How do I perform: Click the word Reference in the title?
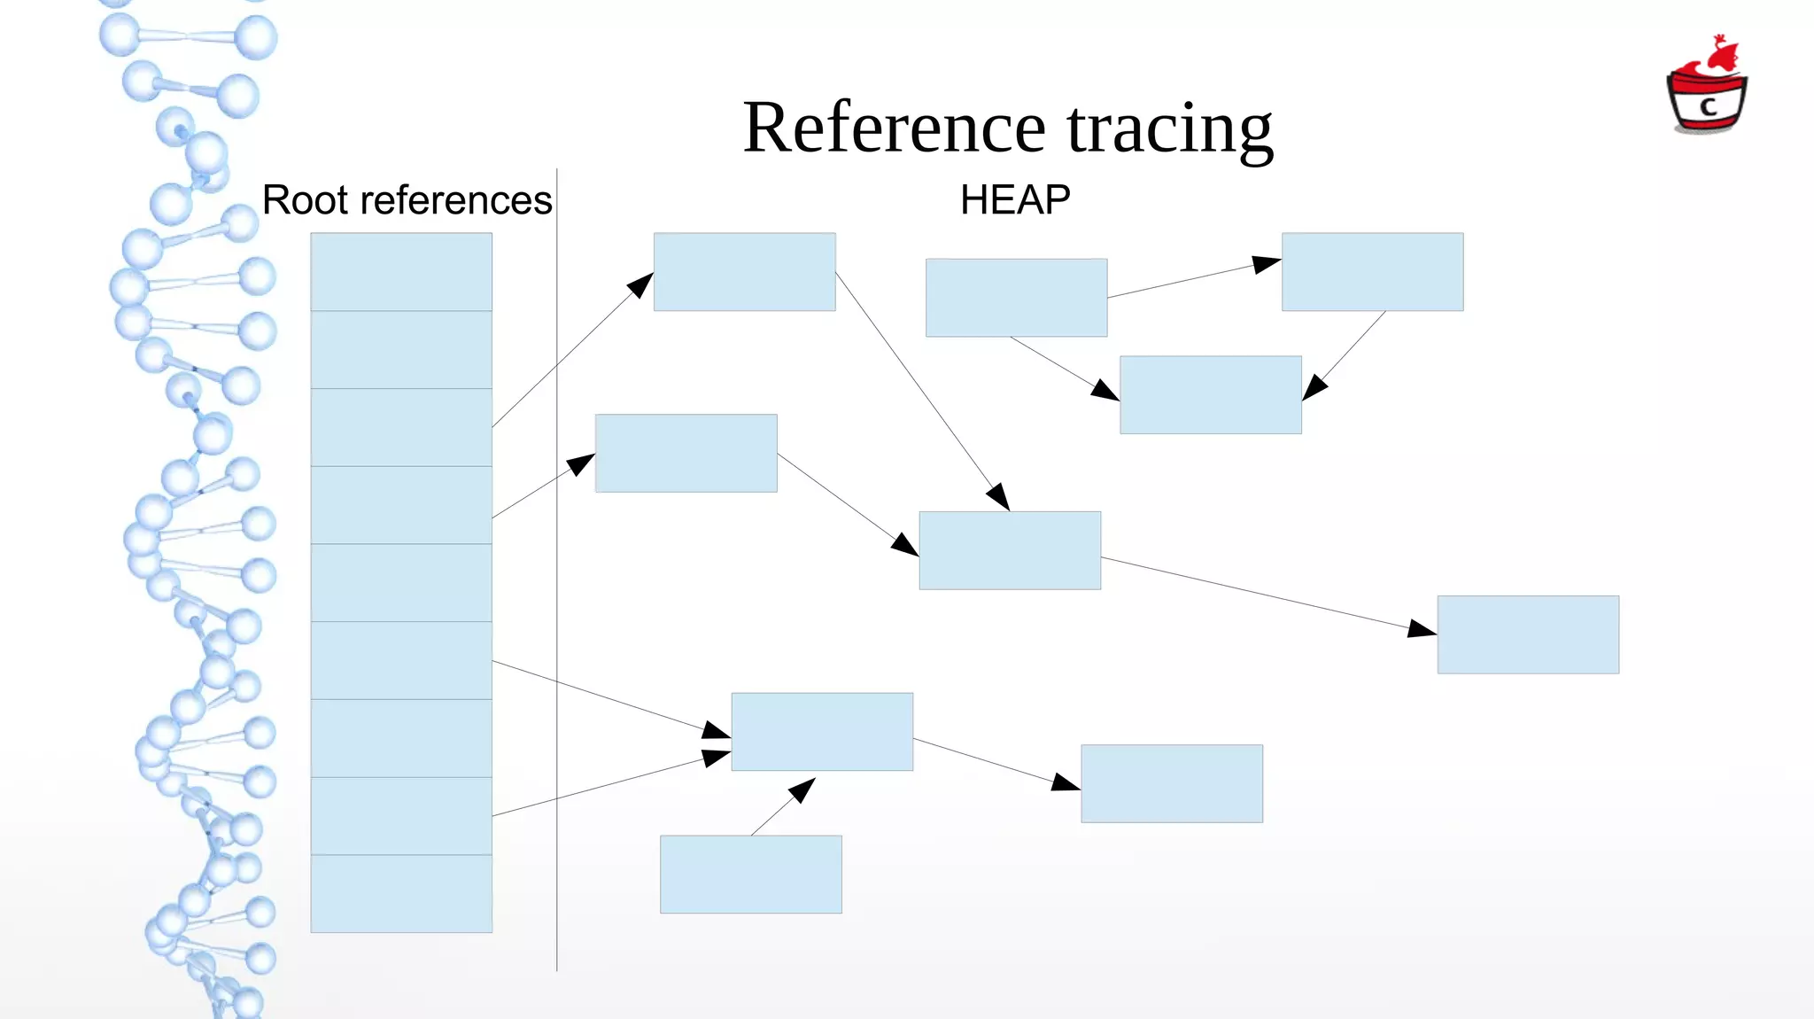895,128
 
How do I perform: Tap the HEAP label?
1015,200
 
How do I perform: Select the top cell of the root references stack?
401,271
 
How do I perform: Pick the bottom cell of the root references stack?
401,893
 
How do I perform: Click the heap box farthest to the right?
1528,634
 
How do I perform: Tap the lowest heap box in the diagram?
750,874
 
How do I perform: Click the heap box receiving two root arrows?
822,731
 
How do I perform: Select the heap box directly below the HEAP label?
1016,298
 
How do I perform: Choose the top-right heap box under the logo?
1372,271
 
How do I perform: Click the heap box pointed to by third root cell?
744,271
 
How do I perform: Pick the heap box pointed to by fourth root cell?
686,453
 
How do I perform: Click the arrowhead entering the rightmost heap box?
1423,629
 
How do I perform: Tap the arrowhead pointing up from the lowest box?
802,788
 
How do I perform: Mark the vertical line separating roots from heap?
557,567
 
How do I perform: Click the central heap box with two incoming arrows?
1010,550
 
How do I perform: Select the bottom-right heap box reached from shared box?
1171,783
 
